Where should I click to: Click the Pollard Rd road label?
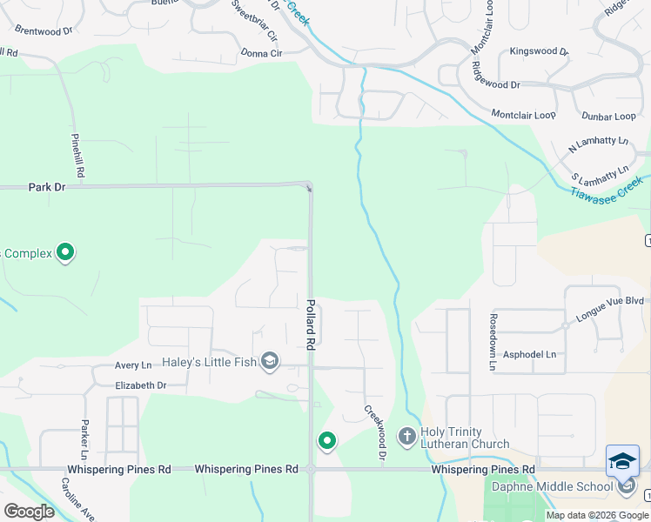(310, 325)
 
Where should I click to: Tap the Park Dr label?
(47, 187)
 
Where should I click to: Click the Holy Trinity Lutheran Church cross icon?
(406, 435)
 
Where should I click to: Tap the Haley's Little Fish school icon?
(270, 362)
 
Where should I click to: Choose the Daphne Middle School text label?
(552, 487)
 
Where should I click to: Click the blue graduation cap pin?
(622, 460)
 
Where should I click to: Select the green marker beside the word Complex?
(65, 253)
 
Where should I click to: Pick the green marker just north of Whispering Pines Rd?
(326, 441)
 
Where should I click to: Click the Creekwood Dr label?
(376, 432)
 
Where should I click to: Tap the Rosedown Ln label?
(493, 342)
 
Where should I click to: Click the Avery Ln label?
(133, 366)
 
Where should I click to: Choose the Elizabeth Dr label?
(140, 385)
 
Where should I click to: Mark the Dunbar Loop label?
(607, 117)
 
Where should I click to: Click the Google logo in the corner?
(29, 511)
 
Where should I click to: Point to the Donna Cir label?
(261, 53)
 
